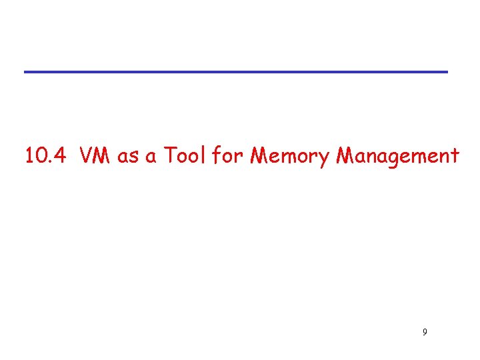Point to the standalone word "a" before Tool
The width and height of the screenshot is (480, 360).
[151, 157]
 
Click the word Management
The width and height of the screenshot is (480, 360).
[399, 157]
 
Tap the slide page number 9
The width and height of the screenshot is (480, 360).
[425, 331]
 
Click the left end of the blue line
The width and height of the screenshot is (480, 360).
[26, 71]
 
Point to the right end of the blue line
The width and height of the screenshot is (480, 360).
[446, 71]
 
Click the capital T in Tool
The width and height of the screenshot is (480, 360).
[170, 156]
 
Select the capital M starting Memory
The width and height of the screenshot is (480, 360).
[259, 156]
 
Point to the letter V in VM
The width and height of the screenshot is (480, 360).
[87, 156]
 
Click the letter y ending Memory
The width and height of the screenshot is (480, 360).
[327, 160]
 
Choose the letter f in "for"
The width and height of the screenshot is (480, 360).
[217, 155]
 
